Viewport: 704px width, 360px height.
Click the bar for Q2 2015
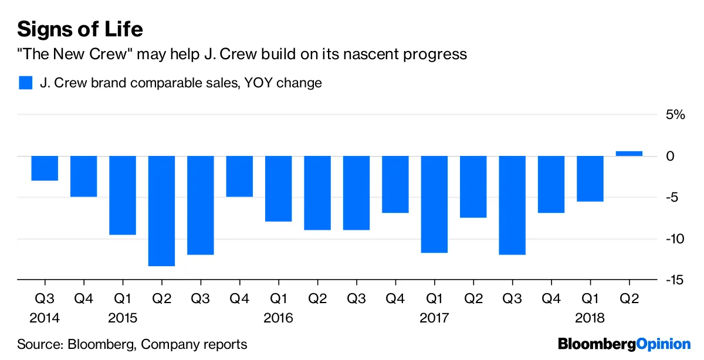(161, 210)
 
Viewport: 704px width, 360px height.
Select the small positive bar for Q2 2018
(629, 154)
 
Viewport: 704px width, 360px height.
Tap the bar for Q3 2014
(45, 168)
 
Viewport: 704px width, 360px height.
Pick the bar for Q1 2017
(434, 204)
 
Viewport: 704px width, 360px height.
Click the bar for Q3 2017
(512, 205)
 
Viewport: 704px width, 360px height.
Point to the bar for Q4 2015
(239, 176)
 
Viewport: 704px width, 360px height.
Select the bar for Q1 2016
(278, 188)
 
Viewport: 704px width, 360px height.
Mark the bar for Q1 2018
(590, 178)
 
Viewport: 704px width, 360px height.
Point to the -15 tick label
(673, 280)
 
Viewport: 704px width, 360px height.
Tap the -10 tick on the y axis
(673, 239)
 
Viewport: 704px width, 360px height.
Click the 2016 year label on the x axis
(278, 318)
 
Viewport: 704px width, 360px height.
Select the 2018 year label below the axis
(590, 318)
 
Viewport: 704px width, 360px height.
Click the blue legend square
(25, 82)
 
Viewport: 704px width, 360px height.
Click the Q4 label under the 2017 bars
(551, 298)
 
